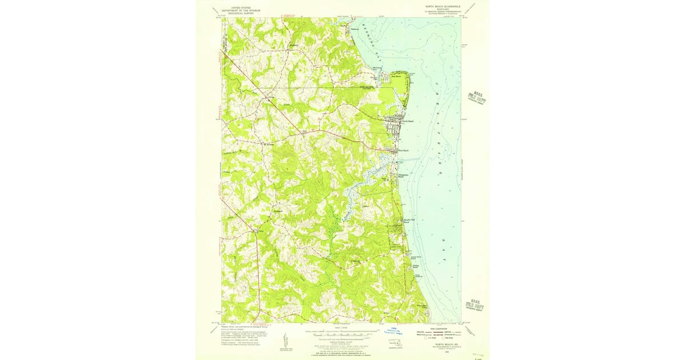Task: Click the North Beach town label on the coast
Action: coord(407,121)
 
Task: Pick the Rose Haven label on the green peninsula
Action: coord(396,75)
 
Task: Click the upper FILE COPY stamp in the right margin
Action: coord(477,98)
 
